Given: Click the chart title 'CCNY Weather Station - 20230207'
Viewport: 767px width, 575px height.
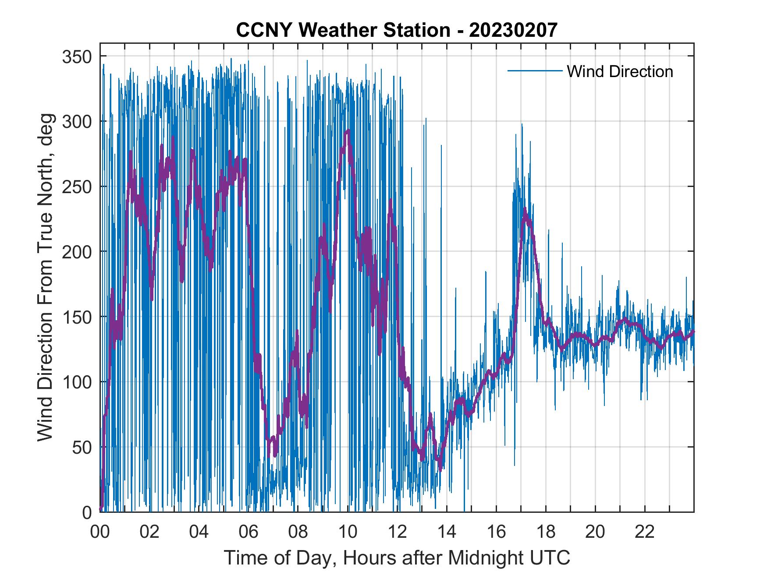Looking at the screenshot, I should (x=397, y=30).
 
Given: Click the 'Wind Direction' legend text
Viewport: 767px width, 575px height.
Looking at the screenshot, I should (x=620, y=71).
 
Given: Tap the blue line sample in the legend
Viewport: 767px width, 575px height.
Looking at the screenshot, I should (x=534, y=71).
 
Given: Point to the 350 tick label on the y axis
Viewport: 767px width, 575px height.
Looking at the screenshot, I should (x=77, y=56).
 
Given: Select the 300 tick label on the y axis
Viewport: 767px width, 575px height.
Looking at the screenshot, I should (x=77, y=121).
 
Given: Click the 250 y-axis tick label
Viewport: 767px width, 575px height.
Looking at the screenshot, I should (x=77, y=187).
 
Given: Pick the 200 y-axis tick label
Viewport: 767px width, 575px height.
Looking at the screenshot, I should (x=77, y=252).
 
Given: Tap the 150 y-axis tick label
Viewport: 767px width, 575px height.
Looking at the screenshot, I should (x=77, y=317).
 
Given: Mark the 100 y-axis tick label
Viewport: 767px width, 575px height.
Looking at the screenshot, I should (x=77, y=382).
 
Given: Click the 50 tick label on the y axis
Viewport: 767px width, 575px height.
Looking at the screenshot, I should (x=82, y=447).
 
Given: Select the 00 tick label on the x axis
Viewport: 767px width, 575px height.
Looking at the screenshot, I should (x=100, y=532).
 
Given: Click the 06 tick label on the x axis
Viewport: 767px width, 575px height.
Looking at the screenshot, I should (x=249, y=532).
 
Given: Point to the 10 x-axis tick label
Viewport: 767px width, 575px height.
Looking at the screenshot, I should (x=348, y=532).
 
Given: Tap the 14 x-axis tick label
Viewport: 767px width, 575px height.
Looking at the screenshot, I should (x=447, y=532).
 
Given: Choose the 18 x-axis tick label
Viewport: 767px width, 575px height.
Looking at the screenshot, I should (x=546, y=532).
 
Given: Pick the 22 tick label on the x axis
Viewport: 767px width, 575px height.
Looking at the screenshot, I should (x=645, y=532).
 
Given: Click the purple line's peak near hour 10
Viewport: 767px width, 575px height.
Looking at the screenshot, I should (x=348, y=131).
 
